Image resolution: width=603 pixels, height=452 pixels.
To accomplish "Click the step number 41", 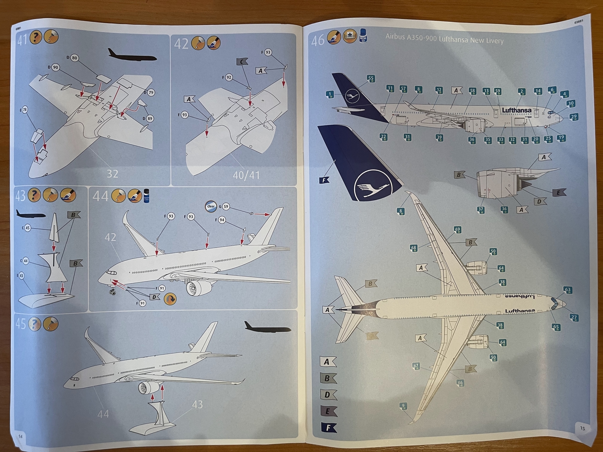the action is [x=22, y=39].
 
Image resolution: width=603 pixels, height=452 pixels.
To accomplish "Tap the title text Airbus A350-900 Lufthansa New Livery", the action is [x=444, y=39].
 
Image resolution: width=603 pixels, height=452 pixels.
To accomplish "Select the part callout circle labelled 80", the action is [x=74, y=58].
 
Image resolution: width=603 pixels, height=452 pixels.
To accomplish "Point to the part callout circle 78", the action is [x=25, y=110].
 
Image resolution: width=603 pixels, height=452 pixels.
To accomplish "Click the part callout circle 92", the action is [x=229, y=77].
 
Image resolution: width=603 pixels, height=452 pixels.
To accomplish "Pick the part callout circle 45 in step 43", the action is [x=27, y=228].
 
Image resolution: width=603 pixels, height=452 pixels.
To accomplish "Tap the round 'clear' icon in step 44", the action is [x=211, y=206].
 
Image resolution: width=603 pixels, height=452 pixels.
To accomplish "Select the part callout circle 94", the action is [x=222, y=220].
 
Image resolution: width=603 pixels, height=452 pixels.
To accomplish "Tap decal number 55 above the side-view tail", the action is [x=370, y=78].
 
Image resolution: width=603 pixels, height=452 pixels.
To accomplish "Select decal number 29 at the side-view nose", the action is [x=573, y=117].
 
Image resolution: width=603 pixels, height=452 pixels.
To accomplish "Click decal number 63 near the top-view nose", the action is [x=567, y=290].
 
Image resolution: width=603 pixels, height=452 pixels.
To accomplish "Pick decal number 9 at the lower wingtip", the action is [x=403, y=406].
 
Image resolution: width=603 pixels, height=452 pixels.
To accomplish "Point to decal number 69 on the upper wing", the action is [x=457, y=229].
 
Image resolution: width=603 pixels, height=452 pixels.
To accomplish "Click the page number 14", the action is [x=21, y=436].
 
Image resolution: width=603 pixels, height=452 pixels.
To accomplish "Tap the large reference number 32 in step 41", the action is [x=112, y=174].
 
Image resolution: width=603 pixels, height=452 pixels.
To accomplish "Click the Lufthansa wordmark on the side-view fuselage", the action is [x=516, y=110].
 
